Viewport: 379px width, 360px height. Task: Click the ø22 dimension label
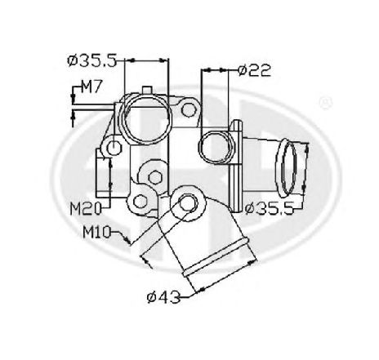coord(254,70)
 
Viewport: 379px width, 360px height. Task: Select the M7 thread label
coord(92,87)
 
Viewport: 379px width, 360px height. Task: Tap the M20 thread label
coord(85,209)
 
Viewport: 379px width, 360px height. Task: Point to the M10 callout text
coord(97,233)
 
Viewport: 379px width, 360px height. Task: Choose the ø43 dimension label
coord(163,297)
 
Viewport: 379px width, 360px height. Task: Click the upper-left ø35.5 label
coord(92,60)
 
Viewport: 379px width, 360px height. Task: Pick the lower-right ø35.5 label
coord(270,208)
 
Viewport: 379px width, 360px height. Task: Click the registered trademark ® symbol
coord(326,103)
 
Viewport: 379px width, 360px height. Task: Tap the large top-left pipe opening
coord(147,118)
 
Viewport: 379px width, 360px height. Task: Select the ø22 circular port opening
coord(216,146)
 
